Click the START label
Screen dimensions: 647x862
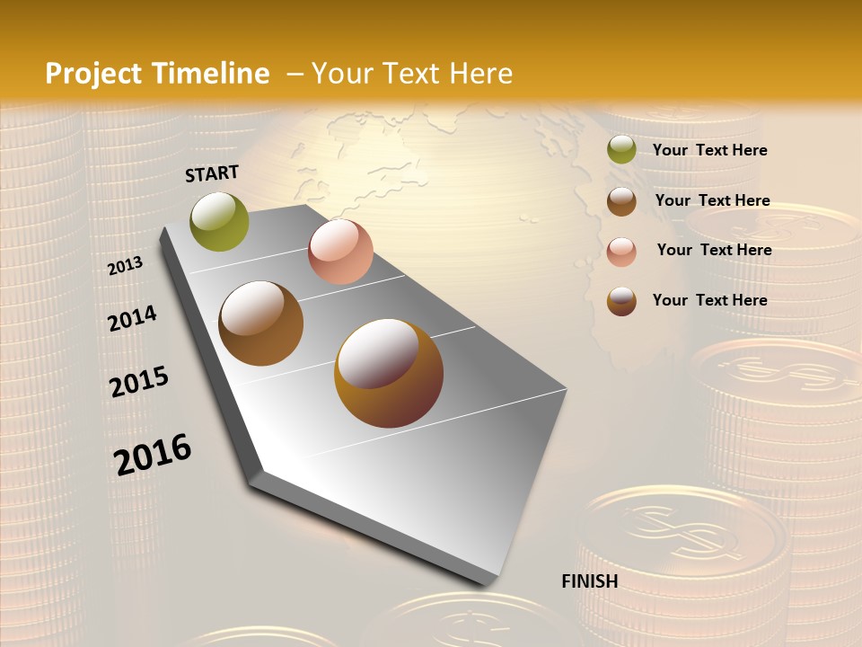coord(212,173)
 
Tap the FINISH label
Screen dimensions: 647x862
coord(589,581)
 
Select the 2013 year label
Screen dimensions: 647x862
coord(126,265)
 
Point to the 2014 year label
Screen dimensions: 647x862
coord(132,318)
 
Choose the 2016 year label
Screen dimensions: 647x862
coord(153,454)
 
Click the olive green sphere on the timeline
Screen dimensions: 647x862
coord(219,221)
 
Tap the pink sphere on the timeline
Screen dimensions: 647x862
coord(340,252)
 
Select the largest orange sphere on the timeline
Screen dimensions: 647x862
coord(389,373)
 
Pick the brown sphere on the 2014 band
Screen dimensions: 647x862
coord(260,323)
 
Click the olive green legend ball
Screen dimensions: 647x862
coord(621,150)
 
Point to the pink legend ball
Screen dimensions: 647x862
coord(621,252)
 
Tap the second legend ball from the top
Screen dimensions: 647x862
coord(621,201)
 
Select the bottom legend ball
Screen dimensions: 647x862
coord(621,301)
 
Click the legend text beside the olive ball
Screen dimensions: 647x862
coord(709,150)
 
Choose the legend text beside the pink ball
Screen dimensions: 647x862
coord(714,250)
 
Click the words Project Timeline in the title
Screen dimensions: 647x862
coord(157,74)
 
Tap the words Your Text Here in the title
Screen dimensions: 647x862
coord(412,74)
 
